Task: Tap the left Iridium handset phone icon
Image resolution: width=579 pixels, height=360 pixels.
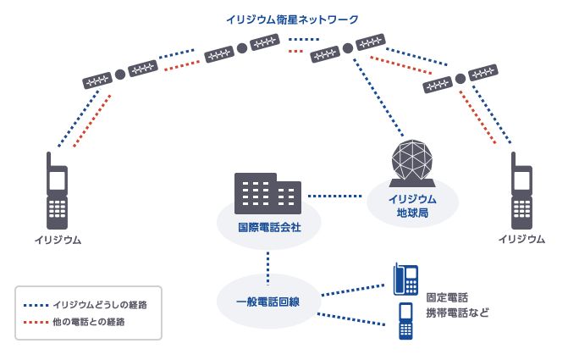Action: (x=57, y=191)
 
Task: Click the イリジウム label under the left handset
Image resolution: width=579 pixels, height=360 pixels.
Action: (x=58, y=240)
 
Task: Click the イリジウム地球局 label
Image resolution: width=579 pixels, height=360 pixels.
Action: (x=412, y=205)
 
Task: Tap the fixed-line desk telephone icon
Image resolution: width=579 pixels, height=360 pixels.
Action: (x=405, y=278)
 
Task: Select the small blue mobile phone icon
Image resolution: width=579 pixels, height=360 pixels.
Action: (x=405, y=321)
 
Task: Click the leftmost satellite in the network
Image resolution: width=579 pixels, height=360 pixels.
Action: (x=120, y=75)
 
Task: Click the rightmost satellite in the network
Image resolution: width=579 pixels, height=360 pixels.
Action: (x=460, y=79)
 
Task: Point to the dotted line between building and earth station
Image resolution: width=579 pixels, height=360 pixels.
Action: (x=334, y=197)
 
